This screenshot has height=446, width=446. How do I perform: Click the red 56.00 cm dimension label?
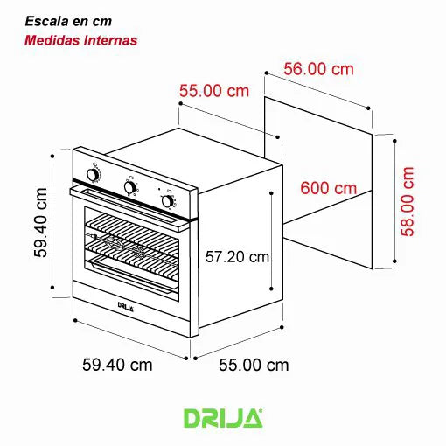click(x=320, y=67)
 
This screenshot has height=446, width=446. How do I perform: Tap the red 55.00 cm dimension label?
click(x=214, y=90)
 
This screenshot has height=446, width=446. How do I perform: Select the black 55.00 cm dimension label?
click(x=253, y=365)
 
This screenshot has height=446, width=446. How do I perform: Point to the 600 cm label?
click(x=328, y=188)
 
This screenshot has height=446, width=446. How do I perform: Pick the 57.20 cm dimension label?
click(x=237, y=257)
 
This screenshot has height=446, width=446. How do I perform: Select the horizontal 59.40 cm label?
click(x=117, y=365)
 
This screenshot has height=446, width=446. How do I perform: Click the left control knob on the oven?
click(x=94, y=175)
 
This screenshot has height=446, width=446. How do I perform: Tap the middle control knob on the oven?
click(x=129, y=187)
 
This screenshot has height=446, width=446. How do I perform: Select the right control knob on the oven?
click(x=167, y=200)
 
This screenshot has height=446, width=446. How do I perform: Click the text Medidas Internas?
click(x=81, y=39)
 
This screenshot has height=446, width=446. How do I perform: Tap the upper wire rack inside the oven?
click(x=131, y=229)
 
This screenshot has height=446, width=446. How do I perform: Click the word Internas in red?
click(x=109, y=39)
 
